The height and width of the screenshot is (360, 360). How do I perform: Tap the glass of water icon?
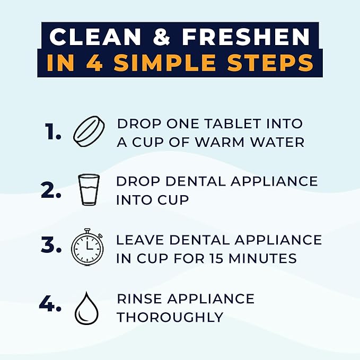[x=89, y=189]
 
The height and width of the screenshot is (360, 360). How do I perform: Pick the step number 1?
[x=54, y=133]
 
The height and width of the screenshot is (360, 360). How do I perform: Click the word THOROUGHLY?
[x=170, y=318]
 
